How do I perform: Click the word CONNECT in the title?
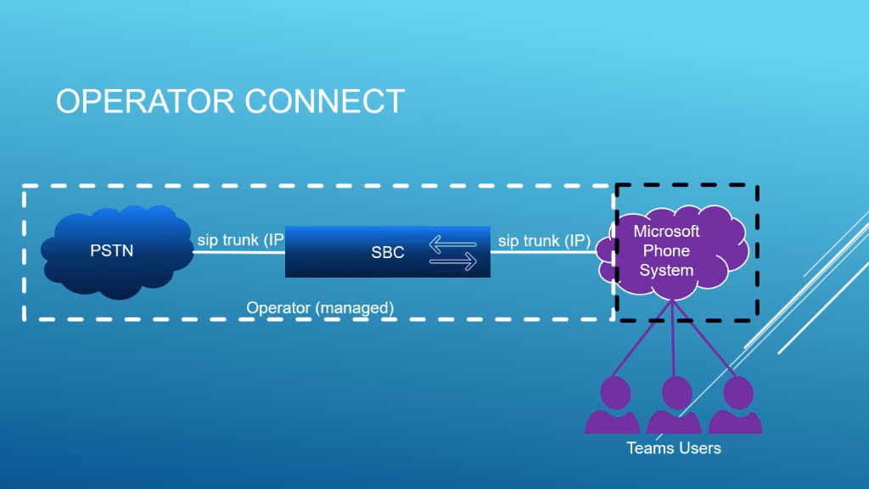point(325,101)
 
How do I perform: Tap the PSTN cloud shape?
point(114,252)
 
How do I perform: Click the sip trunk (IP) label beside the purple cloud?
point(544,241)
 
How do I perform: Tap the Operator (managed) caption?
point(320,307)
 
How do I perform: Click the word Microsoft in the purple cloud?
point(667,232)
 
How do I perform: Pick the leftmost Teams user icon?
point(613,406)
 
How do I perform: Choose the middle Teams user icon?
point(675,406)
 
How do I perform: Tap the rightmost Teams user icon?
point(735,406)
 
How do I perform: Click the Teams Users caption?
point(674,447)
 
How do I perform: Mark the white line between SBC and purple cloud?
point(543,252)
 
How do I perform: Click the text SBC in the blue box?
point(388,252)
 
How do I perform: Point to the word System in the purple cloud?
point(667,270)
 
